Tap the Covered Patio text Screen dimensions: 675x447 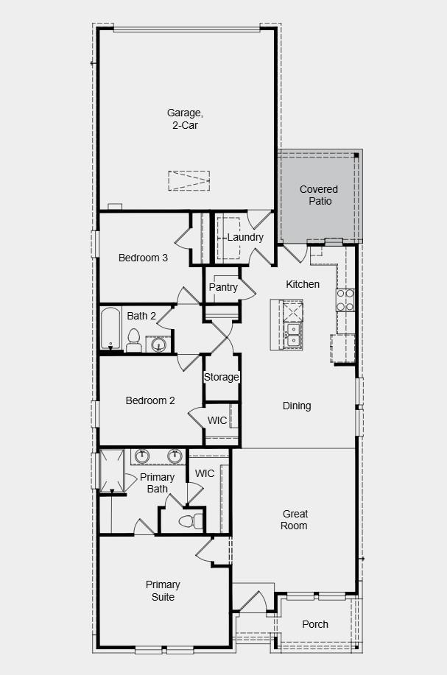tap(318, 195)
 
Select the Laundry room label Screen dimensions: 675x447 tap(244, 238)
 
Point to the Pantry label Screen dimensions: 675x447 tap(223, 287)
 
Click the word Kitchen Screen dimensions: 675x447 tap(303, 284)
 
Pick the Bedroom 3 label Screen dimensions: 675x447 tap(143, 258)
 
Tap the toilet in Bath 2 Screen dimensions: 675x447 tap(134, 340)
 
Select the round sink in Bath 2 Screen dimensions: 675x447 tap(159, 343)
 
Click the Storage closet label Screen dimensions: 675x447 tap(221, 377)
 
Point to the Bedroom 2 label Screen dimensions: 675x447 tap(150, 400)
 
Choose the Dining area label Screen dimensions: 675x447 tap(297, 406)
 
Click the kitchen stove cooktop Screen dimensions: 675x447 tap(345, 300)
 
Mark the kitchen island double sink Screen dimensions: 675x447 tap(293, 334)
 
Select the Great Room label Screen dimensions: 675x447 tap(295, 520)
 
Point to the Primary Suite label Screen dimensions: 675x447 tap(163, 590)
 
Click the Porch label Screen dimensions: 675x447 tap(315, 624)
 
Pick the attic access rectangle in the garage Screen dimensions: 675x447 tap(189, 180)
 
